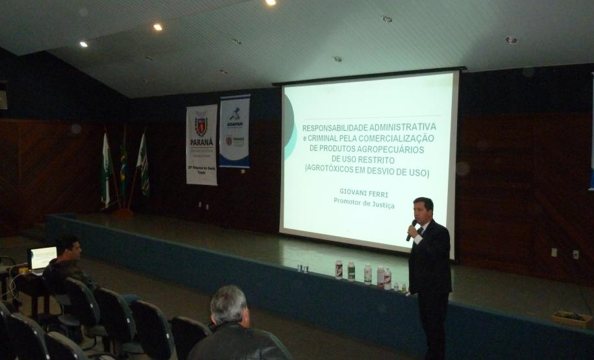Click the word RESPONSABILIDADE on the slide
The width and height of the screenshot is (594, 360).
(x=336, y=127)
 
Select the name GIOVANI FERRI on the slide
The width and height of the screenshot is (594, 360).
(x=364, y=192)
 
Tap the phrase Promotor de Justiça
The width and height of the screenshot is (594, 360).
(x=364, y=201)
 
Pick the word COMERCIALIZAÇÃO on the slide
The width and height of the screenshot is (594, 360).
(x=396, y=139)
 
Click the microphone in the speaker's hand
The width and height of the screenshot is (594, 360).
(x=412, y=229)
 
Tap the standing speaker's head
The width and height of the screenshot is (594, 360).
(x=423, y=210)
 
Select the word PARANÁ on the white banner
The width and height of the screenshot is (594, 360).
(x=201, y=142)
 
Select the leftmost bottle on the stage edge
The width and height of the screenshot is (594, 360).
(x=338, y=269)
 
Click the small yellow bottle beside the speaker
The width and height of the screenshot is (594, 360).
(x=403, y=287)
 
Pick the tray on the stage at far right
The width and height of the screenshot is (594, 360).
(x=571, y=318)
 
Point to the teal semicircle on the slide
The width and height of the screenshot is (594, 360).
(x=290, y=133)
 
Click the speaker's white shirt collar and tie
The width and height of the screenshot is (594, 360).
(x=421, y=229)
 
